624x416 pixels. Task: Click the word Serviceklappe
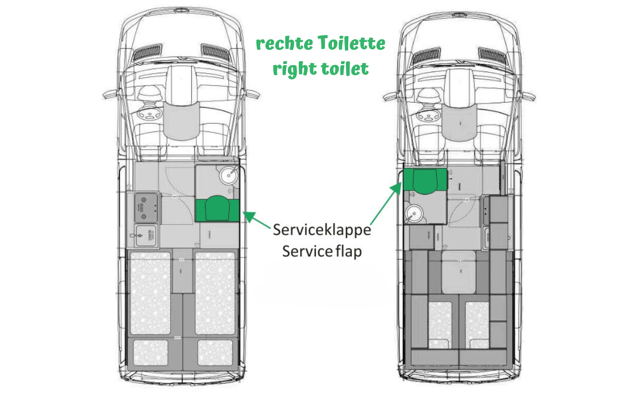pyautogui.click(x=322, y=230)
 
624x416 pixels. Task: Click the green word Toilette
pyautogui.click(x=352, y=43)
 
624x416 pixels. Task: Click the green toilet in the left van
pyautogui.click(x=217, y=209)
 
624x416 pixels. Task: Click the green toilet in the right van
pyautogui.click(x=425, y=181)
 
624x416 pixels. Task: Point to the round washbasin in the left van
pyautogui.click(x=228, y=176)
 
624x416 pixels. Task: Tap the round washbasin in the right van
pyautogui.click(x=414, y=214)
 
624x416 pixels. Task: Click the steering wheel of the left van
pyautogui.click(x=149, y=113)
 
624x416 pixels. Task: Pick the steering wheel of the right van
pyautogui.click(x=428, y=114)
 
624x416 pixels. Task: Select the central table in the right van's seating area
pyautogui.click(x=459, y=272)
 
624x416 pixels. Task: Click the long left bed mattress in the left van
pyautogui.click(x=150, y=293)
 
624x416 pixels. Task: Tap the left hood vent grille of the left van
pyautogui.click(x=148, y=52)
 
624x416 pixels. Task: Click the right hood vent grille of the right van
pyautogui.click(x=491, y=54)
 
